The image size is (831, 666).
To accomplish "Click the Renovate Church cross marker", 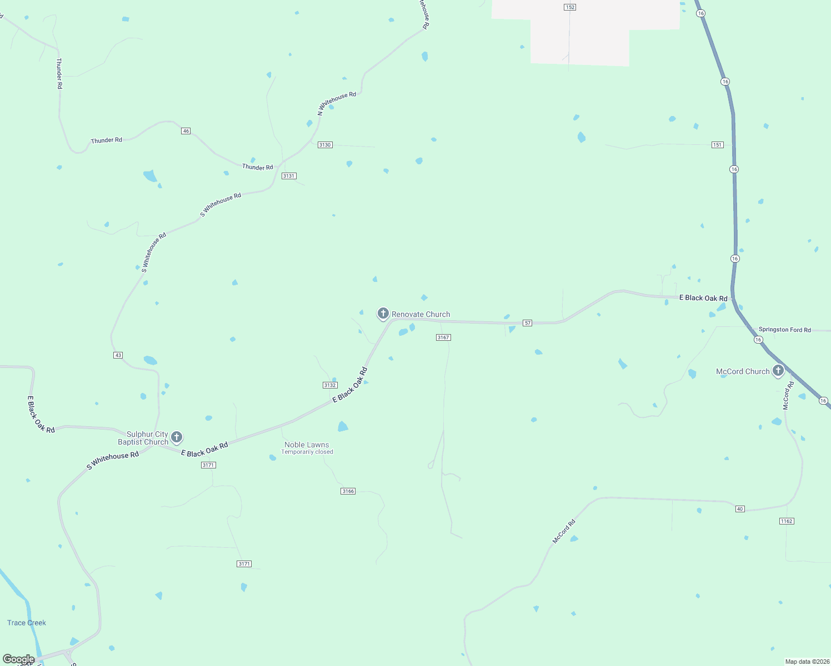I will (x=383, y=314).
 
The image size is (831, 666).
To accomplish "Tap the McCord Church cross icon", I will (x=778, y=370).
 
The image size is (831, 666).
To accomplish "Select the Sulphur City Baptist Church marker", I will (x=177, y=437).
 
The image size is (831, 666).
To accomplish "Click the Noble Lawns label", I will (x=307, y=445).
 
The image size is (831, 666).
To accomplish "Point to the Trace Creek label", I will (x=27, y=623).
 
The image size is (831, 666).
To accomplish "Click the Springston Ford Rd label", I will (x=784, y=330).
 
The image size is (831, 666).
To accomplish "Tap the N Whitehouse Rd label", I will (x=337, y=103).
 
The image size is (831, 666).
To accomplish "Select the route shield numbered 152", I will (x=569, y=7).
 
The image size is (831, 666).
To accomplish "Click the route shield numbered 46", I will (x=186, y=131).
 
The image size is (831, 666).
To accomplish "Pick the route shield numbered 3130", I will (x=325, y=145).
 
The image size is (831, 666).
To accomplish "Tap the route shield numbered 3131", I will (x=289, y=176).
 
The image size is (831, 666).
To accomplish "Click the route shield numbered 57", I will (x=528, y=323).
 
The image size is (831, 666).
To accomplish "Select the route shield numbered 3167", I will (x=443, y=337).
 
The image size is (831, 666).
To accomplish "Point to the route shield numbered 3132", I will (x=330, y=385).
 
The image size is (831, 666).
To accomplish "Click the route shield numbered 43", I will (x=118, y=355).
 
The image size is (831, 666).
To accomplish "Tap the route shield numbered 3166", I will (x=348, y=491).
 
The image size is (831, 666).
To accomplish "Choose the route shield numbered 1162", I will (x=787, y=521).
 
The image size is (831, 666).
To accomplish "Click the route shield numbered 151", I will (x=718, y=145).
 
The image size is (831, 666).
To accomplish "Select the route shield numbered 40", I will (x=740, y=509).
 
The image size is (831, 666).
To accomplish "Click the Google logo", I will (x=19, y=659).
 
